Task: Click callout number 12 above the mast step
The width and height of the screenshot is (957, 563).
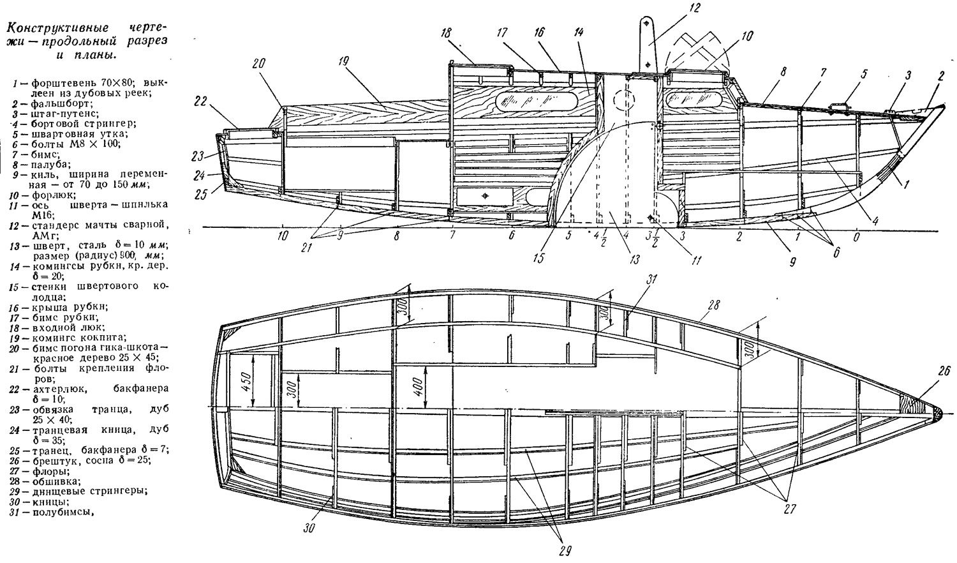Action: [695, 8]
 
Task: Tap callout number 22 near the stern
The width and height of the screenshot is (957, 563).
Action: [201, 101]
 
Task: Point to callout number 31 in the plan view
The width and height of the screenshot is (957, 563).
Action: [651, 280]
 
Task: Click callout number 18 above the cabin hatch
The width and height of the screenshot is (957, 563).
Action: [447, 33]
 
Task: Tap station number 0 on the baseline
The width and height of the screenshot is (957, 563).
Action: [856, 236]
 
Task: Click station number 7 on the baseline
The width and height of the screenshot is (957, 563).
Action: [452, 235]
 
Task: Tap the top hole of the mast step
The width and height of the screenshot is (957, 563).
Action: [648, 22]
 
